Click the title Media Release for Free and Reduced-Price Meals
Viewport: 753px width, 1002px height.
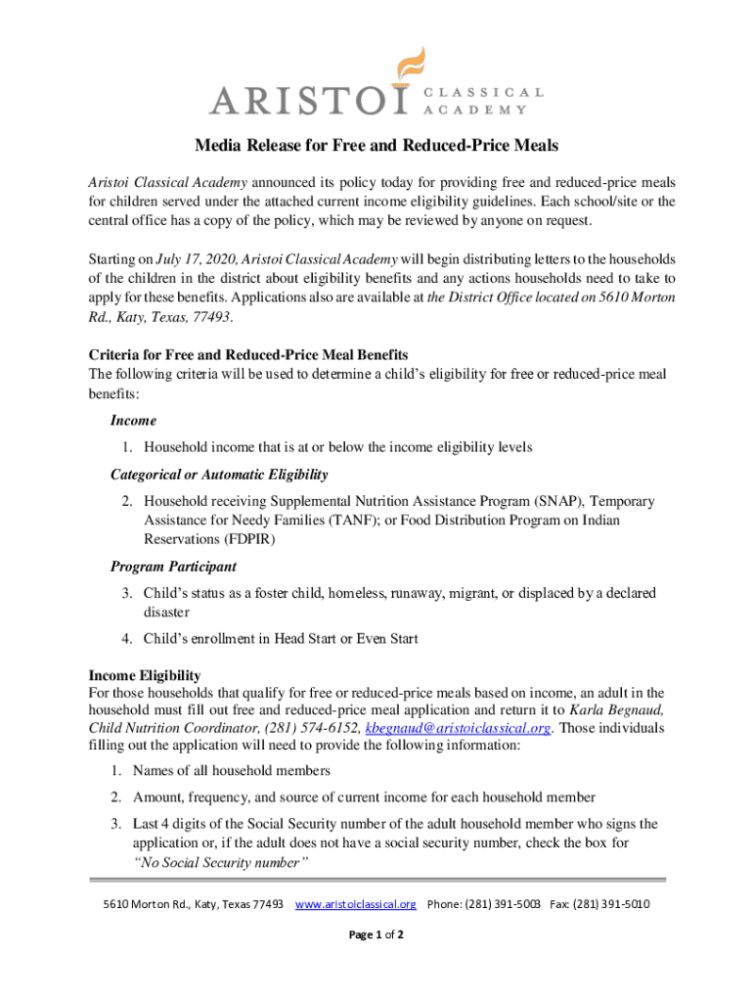[x=376, y=146]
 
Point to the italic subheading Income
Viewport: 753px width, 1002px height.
[x=133, y=421]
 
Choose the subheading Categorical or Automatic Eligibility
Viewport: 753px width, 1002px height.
[x=219, y=475]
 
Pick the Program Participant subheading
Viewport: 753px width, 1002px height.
[x=173, y=567]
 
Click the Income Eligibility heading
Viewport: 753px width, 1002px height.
[x=145, y=676]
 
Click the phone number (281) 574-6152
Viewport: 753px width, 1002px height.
[x=313, y=729]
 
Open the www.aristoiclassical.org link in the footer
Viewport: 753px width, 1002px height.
[x=356, y=903]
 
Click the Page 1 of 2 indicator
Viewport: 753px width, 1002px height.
[x=376, y=935]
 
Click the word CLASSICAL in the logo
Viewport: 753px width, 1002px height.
[x=483, y=92]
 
